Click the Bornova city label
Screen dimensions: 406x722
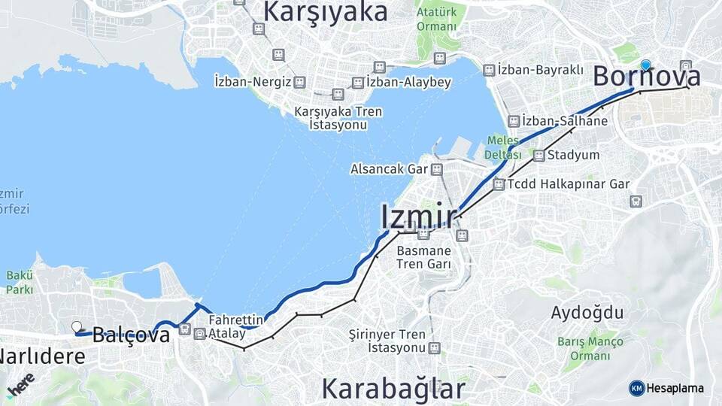click(647, 77)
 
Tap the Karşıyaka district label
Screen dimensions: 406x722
click(326, 11)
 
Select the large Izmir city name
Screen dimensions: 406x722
click(418, 217)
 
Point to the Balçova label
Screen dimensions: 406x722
click(131, 335)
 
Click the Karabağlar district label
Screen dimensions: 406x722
click(393, 389)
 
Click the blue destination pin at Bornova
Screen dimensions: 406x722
click(645, 65)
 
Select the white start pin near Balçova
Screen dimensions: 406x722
click(76, 326)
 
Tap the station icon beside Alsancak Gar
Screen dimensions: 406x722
click(437, 169)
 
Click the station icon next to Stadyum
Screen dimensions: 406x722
click(538, 156)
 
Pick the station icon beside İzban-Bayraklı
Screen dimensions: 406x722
click(489, 70)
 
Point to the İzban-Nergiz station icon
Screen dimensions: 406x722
click(299, 81)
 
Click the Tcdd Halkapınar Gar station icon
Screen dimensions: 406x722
click(498, 184)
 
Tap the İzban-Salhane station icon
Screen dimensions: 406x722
click(514, 121)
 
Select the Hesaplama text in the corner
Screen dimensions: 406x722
click(675, 388)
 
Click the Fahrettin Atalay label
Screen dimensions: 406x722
click(236, 326)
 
